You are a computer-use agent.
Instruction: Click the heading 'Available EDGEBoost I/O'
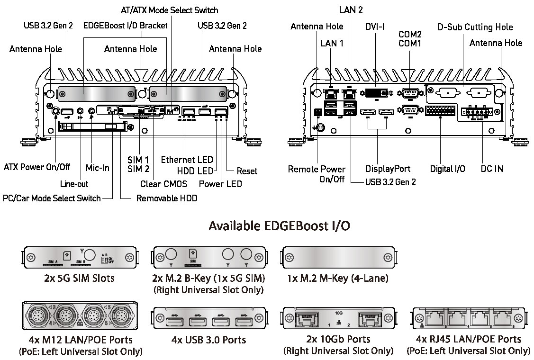279,226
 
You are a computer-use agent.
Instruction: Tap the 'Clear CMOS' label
163,184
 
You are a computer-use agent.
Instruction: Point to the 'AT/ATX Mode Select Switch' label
169,10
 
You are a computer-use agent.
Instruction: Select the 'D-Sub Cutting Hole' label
475,27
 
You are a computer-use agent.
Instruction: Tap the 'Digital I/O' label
447,169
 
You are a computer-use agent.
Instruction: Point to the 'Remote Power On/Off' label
317,174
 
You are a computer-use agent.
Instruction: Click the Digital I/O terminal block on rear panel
440,112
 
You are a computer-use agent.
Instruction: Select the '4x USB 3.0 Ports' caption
209,340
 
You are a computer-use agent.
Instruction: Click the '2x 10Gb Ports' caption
338,340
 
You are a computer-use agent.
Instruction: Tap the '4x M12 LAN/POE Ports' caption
80,340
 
